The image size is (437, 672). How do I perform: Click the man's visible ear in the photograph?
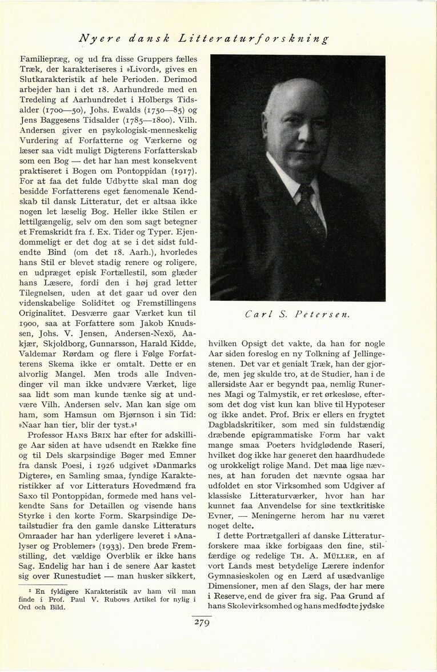point(269,131)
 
